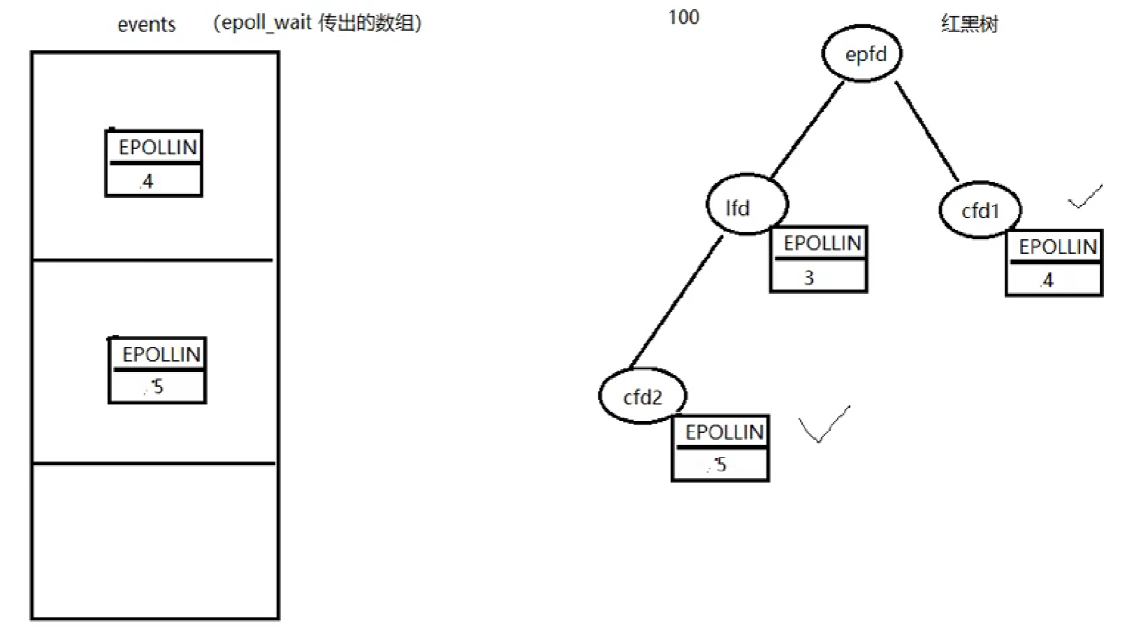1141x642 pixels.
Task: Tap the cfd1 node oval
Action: (979, 209)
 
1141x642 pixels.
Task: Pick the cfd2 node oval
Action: (643, 396)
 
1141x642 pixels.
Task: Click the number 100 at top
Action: (683, 17)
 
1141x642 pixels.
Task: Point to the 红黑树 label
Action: (969, 24)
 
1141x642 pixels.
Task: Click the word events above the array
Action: (146, 25)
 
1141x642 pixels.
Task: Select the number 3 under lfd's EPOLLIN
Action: (809, 278)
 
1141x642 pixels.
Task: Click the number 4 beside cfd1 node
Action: (1047, 281)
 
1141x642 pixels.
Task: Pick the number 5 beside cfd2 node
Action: (720, 464)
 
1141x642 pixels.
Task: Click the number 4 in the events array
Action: (147, 182)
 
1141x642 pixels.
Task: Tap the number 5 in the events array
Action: (157, 387)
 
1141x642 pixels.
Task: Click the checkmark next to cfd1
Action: (1084, 197)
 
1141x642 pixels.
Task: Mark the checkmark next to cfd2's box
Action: (823, 425)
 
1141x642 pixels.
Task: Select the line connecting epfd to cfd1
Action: (926, 131)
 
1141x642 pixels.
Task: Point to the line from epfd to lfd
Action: (807, 130)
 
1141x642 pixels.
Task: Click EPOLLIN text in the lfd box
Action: (821, 243)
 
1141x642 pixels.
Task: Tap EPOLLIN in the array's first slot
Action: (157, 148)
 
